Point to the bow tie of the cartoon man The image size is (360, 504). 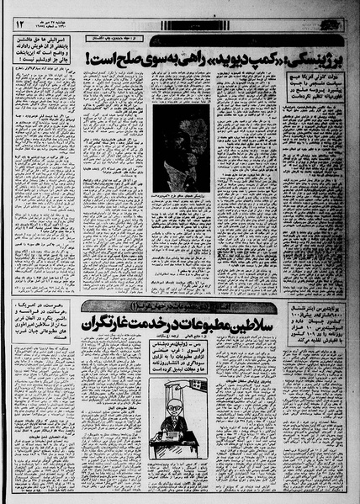[x=174, y=421]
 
